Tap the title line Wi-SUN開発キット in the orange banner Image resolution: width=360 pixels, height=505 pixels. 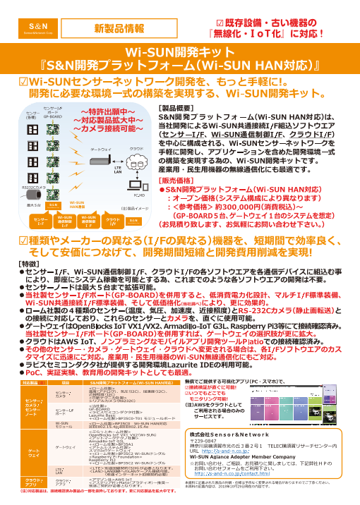point(179,53)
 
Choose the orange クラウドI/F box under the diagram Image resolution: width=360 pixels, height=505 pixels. point(112,222)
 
